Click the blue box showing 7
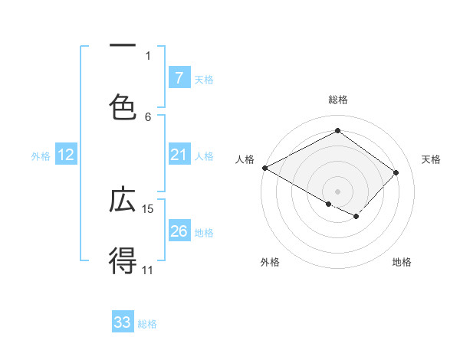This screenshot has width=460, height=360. pos(179,77)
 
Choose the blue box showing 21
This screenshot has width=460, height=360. pos(179,155)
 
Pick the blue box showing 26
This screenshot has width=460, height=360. pos(179,231)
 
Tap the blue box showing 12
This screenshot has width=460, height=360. pos(66,155)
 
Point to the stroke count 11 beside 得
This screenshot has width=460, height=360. pos(148,270)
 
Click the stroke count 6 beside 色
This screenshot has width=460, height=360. pos(148,116)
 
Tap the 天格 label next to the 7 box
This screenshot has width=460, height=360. pos(204,79)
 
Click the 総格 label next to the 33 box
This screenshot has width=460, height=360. pos(148,324)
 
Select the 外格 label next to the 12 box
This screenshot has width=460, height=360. pos(41,156)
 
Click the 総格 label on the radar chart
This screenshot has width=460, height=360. pos(338,100)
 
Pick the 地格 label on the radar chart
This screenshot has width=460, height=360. pos(402,262)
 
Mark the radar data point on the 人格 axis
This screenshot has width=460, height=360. pos(264,168)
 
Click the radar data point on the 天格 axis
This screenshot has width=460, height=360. pos(396,172)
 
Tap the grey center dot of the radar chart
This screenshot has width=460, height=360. pos(338,191)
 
